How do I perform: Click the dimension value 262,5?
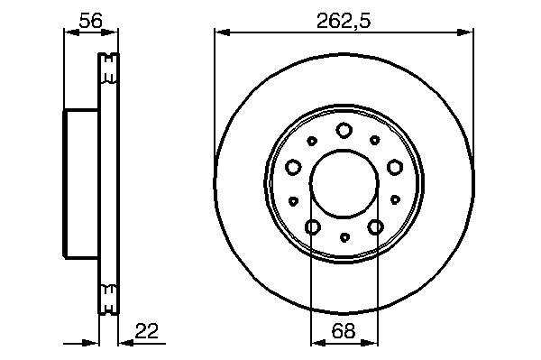[x=344, y=21]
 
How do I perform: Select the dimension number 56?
[x=91, y=21]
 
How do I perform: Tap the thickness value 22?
[x=147, y=331]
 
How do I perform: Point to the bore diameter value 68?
[x=344, y=331]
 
